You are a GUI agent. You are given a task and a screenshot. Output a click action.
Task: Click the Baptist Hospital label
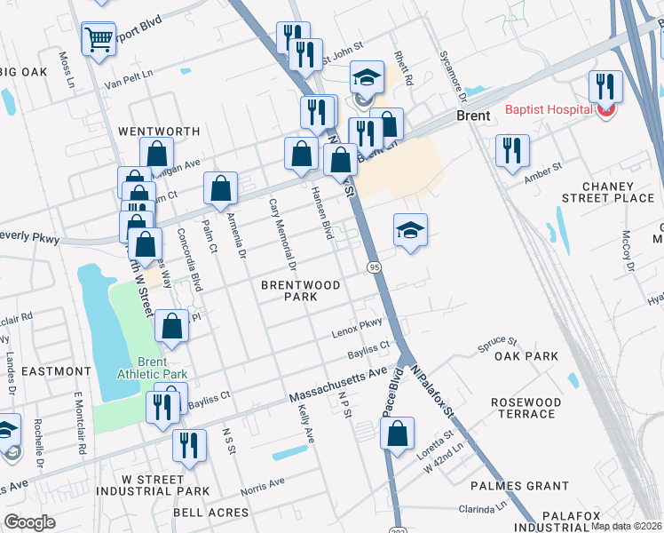pos(549,110)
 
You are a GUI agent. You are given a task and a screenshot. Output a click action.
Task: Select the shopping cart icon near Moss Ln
pos(99,39)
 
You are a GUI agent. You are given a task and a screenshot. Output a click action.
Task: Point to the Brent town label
pos(473,116)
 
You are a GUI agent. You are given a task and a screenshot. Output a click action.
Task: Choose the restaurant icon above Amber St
pos(512,151)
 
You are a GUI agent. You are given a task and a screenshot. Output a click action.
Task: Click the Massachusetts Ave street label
pos(339,385)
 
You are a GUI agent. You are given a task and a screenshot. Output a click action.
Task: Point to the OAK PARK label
pos(526,356)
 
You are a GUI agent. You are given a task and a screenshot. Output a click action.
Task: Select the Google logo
pos(29,521)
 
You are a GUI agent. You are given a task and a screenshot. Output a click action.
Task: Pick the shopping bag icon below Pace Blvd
pos(398,434)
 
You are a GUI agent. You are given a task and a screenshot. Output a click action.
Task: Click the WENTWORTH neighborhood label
pos(159,131)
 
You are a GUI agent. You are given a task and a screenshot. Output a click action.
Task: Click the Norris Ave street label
pos(263,485)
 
